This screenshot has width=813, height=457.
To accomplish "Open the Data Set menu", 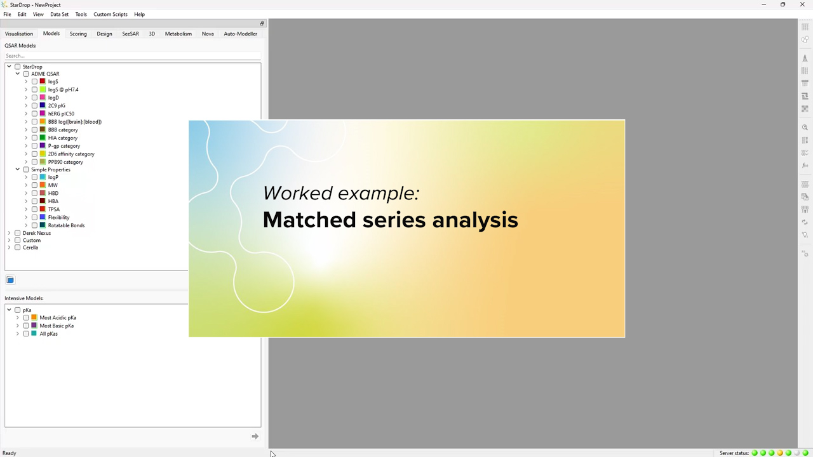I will pos(59,14).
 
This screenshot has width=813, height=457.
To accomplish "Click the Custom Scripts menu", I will pos(111,14).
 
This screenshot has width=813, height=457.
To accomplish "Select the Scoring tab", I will pos(78,34).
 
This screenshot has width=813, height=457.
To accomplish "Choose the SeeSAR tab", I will pos(130,34).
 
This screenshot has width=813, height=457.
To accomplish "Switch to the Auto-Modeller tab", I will pos(240,34).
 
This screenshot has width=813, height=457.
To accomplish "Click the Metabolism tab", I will pos(178,34).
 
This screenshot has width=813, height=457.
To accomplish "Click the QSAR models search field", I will pos(132,56).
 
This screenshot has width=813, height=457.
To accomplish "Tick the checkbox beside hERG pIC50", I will pos(34,114).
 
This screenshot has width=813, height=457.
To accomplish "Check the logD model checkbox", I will pos(34,98).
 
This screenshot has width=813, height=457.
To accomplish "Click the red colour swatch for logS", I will pos(43,81).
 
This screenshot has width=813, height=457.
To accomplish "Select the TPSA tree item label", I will pos(54,209).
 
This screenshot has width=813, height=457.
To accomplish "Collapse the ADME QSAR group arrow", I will pos(18,74).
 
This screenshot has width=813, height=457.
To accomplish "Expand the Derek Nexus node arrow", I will pos(9,233).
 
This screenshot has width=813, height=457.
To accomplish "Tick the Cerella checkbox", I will pos(18,248).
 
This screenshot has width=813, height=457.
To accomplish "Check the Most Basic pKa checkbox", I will pos(26,326).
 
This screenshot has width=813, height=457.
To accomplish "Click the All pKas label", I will pos(48,334).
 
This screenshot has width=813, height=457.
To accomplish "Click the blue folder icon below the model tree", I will pos(10,280).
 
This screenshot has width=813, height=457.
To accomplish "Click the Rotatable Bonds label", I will pos(66,225).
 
